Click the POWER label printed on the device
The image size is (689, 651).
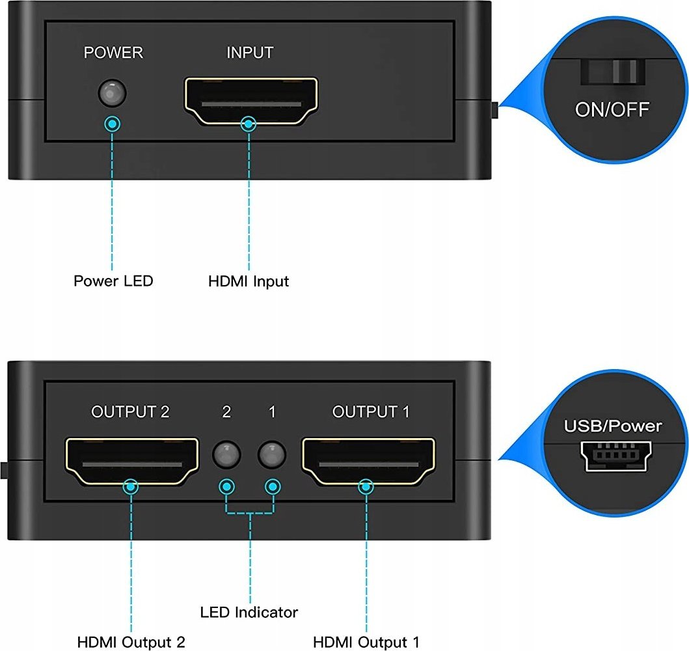[113, 53]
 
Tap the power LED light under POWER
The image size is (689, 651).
[113, 92]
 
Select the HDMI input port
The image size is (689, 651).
[251, 101]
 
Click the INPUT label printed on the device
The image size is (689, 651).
[250, 53]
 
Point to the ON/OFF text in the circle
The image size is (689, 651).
[612, 110]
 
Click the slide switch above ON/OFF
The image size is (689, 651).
[614, 72]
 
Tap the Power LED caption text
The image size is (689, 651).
[113, 281]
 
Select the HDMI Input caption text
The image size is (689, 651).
[249, 281]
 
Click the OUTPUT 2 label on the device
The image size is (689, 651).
[130, 412]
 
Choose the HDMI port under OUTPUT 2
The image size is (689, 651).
[132, 462]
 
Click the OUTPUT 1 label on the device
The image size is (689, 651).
[371, 412]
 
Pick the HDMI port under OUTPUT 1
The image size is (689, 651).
[368, 462]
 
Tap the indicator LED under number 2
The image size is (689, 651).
[226, 454]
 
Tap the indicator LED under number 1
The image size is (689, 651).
[272, 454]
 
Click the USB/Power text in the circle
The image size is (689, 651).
[613, 426]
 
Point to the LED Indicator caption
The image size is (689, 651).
[249, 613]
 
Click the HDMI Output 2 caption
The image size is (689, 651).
[131, 642]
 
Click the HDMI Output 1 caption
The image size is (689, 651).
[366, 642]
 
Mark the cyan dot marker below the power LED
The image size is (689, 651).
[113, 124]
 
